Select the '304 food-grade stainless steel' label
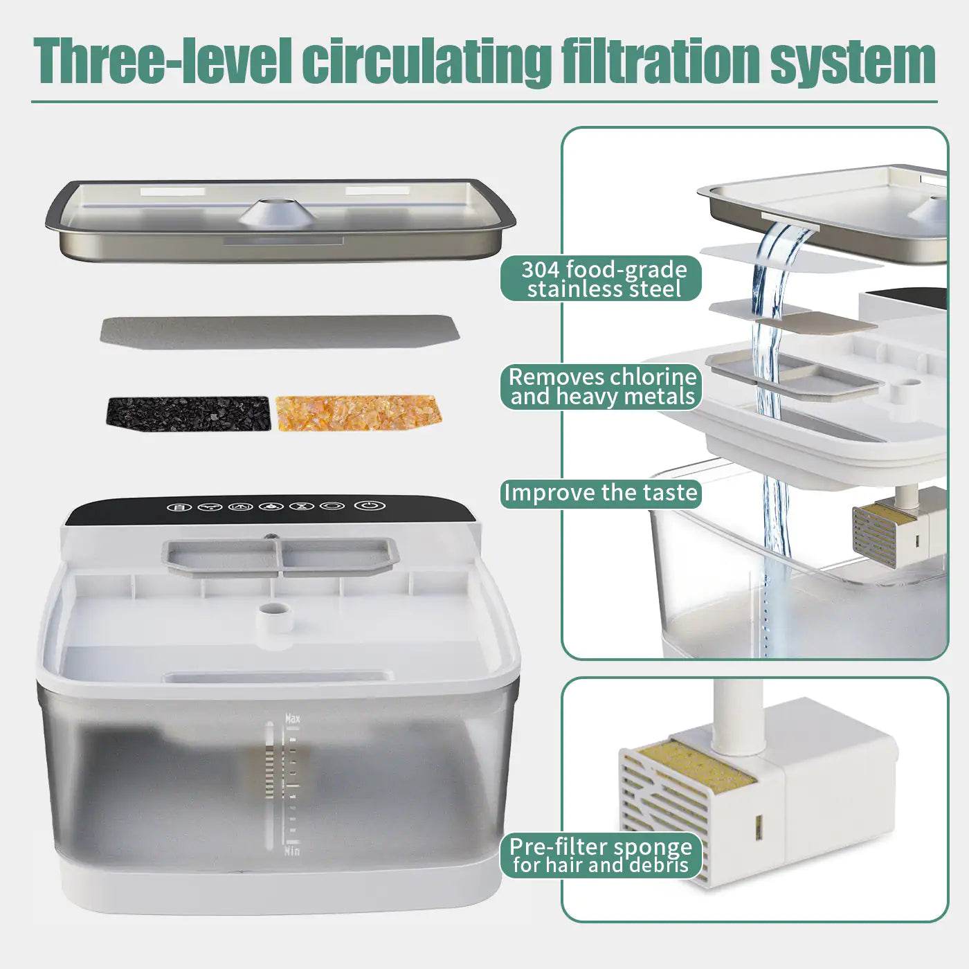pyautogui.click(x=601, y=279)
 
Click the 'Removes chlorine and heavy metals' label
pyautogui.click(x=601, y=387)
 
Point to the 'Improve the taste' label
pyautogui.click(x=600, y=493)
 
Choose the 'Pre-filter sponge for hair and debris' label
pyautogui.click(x=600, y=856)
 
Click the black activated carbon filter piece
pyautogui.click(x=188, y=413)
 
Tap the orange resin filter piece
pyautogui.click(x=358, y=413)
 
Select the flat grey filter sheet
pyautogui.click(x=280, y=332)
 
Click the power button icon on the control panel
pyautogui.click(x=368, y=505)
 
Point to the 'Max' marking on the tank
pyautogui.click(x=293, y=719)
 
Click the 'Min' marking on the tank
pyautogui.click(x=292, y=851)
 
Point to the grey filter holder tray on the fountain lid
pyautogui.click(x=280, y=556)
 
